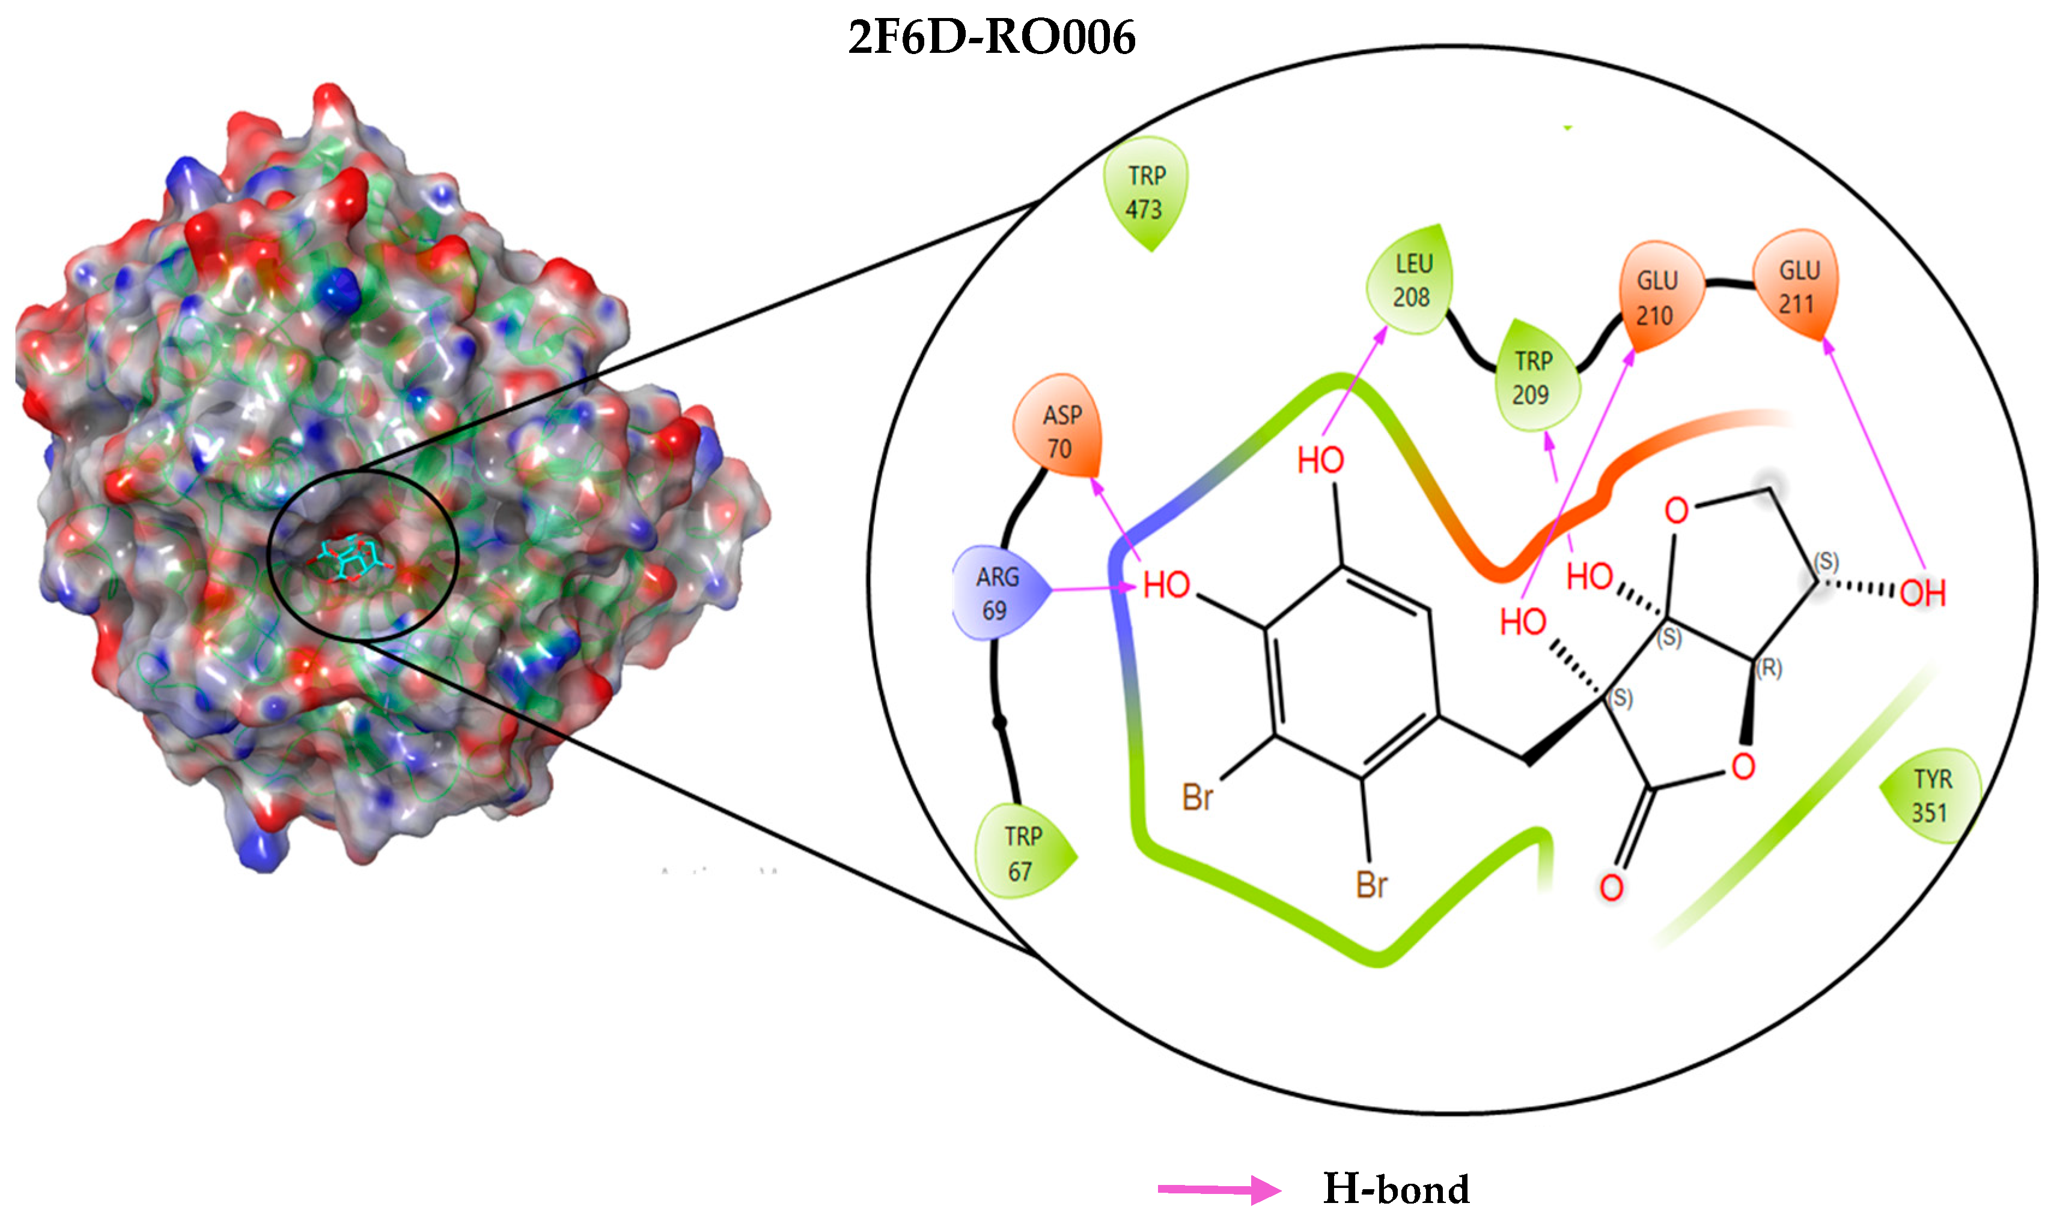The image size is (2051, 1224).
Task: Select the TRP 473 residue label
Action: point(1145,192)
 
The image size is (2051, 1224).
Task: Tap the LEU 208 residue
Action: point(1411,280)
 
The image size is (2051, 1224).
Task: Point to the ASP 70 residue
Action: point(1059,431)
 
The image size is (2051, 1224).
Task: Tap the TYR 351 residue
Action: point(1932,796)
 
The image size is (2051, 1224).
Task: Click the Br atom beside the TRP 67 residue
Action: point(1198,798)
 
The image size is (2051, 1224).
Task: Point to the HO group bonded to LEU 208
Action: point(1320,460)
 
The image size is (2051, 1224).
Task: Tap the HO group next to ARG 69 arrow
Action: point(1166,586)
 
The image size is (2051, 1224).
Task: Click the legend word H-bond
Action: point(1396,1189)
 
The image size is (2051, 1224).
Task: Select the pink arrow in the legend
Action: point(1219,1189)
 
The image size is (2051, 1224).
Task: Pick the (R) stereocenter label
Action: point(1768,668)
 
